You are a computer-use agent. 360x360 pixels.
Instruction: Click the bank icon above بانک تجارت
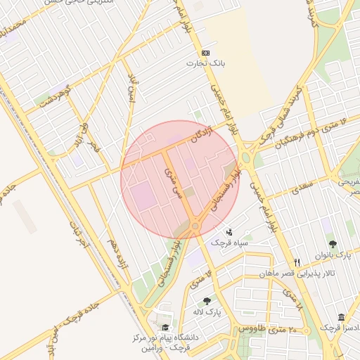click(x=205, y=53)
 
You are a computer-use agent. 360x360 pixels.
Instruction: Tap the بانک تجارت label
click(x=205, y=63)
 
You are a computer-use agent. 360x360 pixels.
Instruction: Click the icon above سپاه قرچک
click(x=230, y=231)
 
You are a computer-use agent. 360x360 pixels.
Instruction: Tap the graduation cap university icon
click(x=166, y=328)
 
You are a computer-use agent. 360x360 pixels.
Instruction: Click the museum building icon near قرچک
click(x=342, y=317)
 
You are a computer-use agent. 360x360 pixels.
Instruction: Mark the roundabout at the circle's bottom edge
click(x=195, y=226)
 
